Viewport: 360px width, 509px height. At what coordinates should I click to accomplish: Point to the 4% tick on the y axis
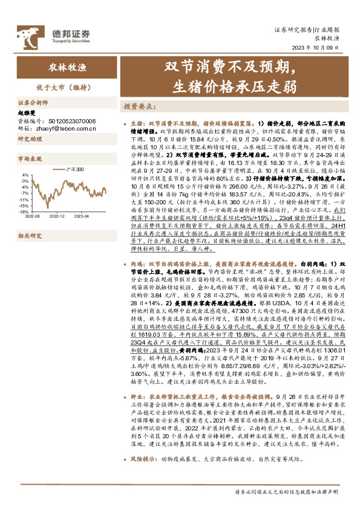point(25,175)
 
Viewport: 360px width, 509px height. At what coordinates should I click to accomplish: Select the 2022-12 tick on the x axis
point(56,216)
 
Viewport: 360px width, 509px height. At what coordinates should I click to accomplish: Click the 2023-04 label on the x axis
point(82,216)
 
